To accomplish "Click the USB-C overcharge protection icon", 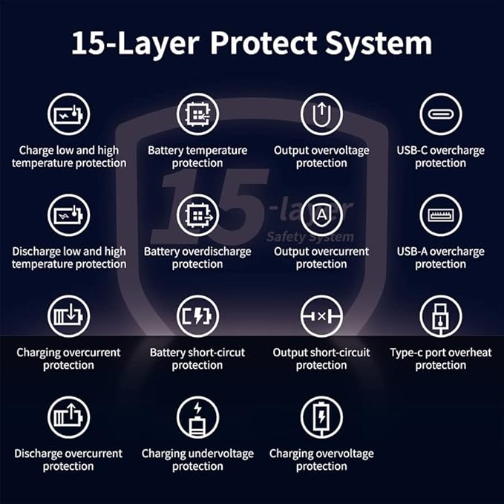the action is pos(441,114).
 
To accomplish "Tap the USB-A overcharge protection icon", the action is pos(441,215).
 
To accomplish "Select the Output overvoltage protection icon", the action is pos(321,114).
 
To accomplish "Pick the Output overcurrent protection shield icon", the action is pos(321,215).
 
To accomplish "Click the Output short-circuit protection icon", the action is pos(321,316).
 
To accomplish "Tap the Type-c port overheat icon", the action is pos(441,316).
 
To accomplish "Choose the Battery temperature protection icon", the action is pos(197,114).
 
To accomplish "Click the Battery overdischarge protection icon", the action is pos(197,215).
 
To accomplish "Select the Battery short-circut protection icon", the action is pos(197,316).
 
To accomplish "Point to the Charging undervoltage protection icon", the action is pos(197,417).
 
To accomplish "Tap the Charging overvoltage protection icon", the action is pos(321,417).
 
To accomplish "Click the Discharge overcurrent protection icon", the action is pos(69,417).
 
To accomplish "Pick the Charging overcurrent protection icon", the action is pos(69,316).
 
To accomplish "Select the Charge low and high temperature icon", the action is pos(69,114).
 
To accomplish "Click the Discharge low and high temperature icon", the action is pos(69,215).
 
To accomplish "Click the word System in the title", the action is pos(379,44).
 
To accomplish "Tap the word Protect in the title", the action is pos(264,42).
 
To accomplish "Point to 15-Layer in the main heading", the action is pos(135,44).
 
